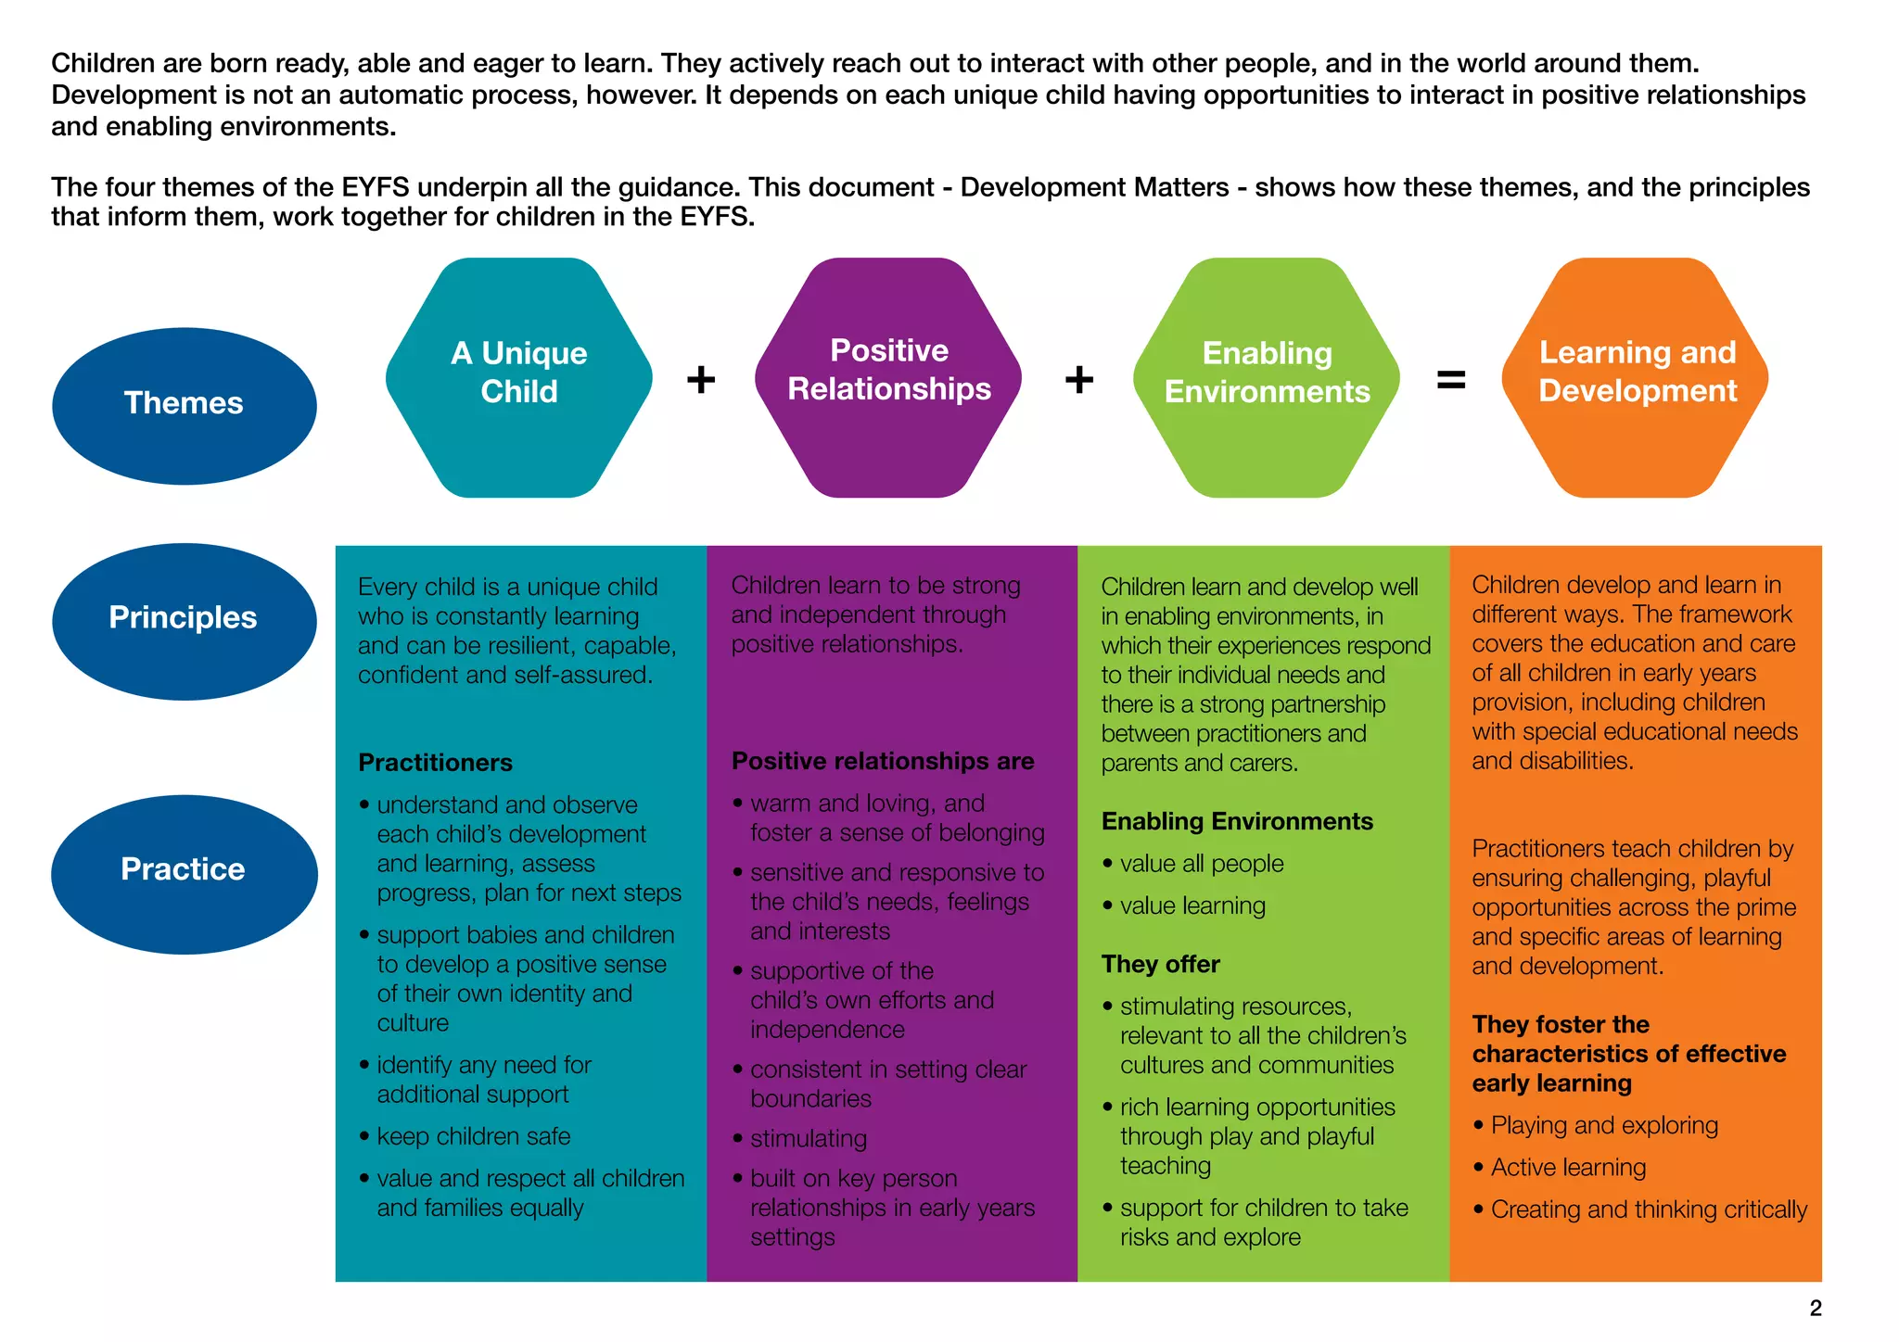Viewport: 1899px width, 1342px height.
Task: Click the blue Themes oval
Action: click(x=184, y=405)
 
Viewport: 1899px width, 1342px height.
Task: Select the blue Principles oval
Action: click(x=184, y=620)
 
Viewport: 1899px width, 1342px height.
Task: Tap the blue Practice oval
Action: click(x=184, y=873)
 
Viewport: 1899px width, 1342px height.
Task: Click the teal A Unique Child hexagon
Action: click(x=519, y=377)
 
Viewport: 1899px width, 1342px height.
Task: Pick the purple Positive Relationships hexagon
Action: click(x=888, y=377)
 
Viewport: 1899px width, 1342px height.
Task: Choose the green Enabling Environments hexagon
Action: click(x=1267, y=377)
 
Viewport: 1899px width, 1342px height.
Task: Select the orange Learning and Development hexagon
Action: click(x=1636, y=377)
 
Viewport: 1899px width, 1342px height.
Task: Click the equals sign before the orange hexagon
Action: click(x=1451, y=379)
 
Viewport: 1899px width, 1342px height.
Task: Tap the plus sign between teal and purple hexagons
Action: click(x=701, y=379)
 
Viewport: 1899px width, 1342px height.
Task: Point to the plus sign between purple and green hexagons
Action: click(x=1078, y=379)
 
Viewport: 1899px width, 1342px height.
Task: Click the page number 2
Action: click(x=1816, y=1308)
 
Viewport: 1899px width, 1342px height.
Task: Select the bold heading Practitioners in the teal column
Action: click(x=435, y=763)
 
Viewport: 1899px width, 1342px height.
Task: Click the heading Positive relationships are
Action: click(x=883, y=761)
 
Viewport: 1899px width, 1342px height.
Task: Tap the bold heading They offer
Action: click(x=1160, y=964)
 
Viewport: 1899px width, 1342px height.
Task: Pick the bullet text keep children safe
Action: click(x=473, y=1136)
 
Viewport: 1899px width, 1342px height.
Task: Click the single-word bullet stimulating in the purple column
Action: click(x=809, y=1138)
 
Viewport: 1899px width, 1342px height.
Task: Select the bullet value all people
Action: click(x=1202, y=864)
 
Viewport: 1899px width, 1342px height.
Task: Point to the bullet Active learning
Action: click(x=1568, y=1168)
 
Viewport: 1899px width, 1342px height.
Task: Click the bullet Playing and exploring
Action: click(x=1604, y=1125)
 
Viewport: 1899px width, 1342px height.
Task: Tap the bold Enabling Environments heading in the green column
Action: click(x=1237, y=821)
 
